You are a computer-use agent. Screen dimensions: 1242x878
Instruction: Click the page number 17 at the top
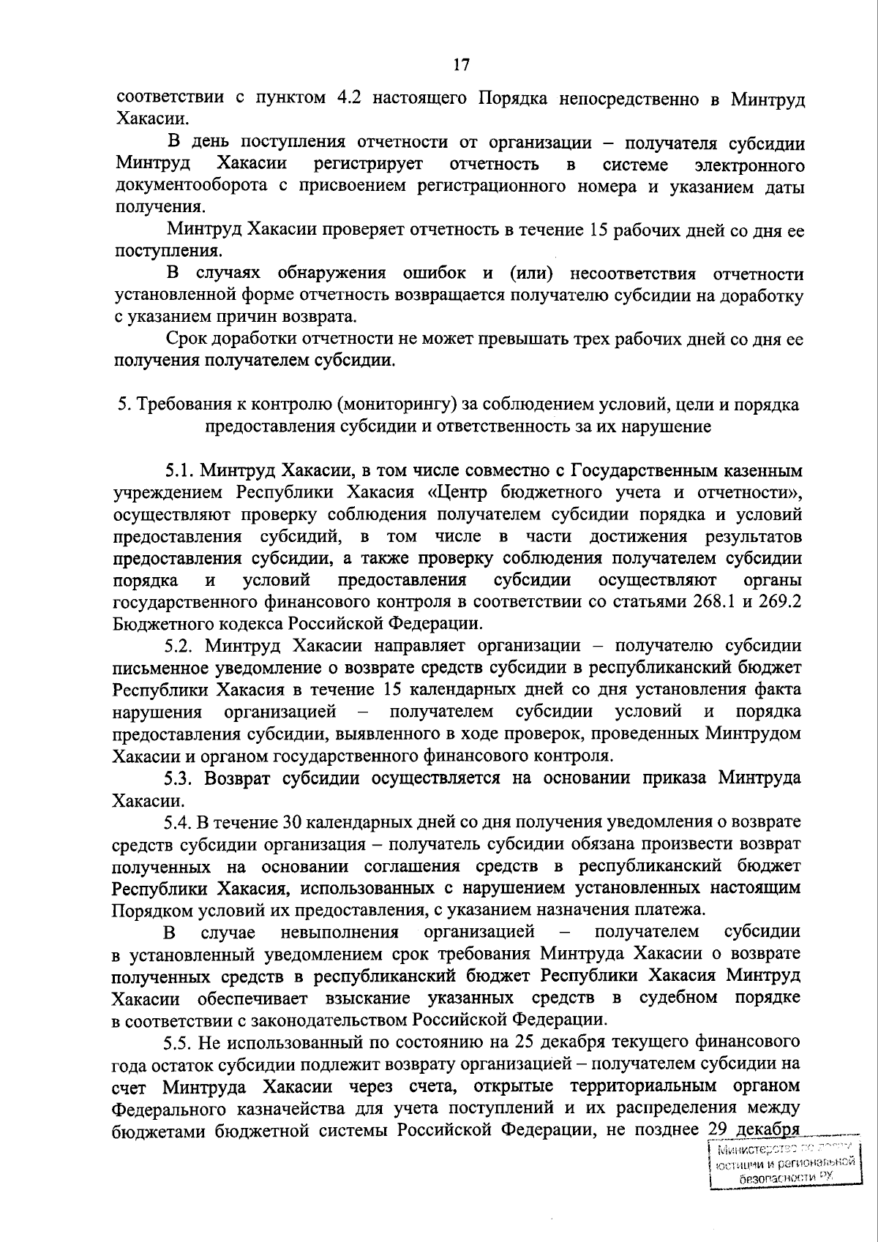461,64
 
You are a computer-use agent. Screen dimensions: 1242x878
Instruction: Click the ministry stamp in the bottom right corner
784,1162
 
